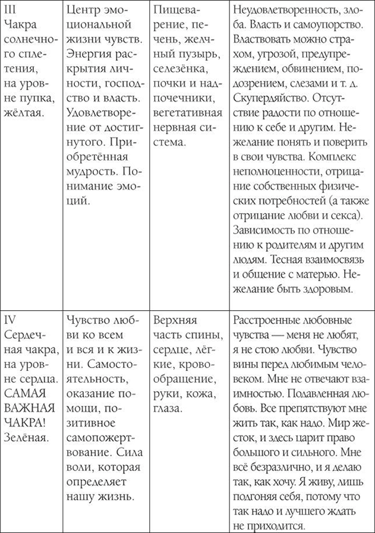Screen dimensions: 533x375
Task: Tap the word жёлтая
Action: click(23, 111)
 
